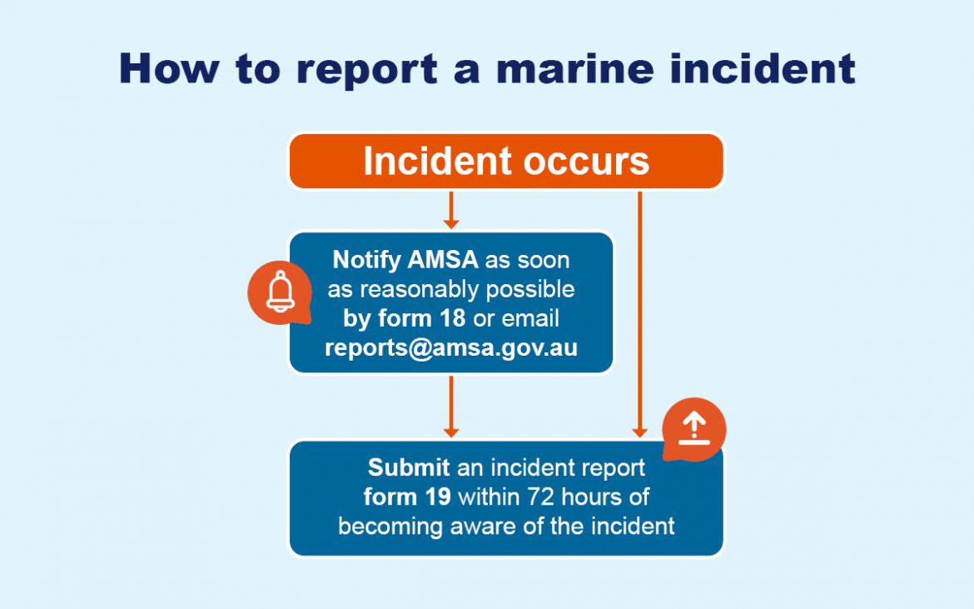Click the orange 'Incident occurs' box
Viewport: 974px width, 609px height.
pos(506,161)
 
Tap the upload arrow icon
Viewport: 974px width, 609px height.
pos(693,430)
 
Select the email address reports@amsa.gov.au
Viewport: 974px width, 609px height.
pos(450,347)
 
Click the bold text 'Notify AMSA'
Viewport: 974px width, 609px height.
pos(405,260)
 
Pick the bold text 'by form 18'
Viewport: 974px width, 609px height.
pos(404,318)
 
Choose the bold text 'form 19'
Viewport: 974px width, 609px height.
pos(407,497)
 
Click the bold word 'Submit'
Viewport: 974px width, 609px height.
pos(409,468)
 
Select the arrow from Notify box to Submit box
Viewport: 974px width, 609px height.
pos(450,406)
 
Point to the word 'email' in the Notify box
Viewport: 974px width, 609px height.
pos(530,318)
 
